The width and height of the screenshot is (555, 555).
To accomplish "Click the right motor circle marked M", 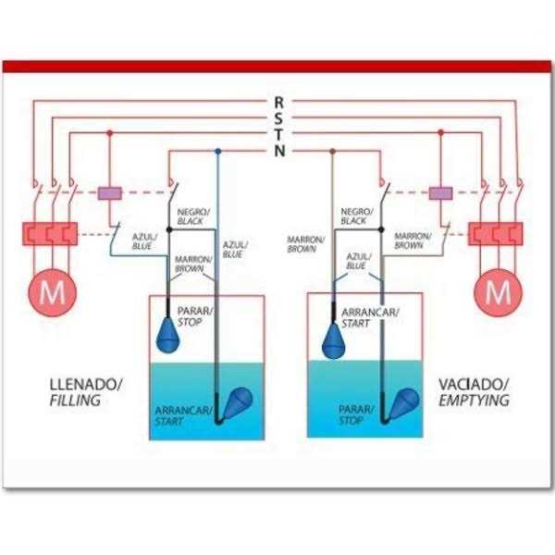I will coord(498,293).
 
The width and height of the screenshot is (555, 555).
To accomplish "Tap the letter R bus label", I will coord(279,102).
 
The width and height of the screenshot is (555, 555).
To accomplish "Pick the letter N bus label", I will coord(279,150).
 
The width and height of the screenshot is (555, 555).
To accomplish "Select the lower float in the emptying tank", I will coord(403,404).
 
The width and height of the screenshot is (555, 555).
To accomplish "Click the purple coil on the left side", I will coord(111,193).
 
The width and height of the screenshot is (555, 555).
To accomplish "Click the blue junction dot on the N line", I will coord(218,150).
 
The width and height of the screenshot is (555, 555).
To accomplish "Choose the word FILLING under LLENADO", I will coord(73,401).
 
